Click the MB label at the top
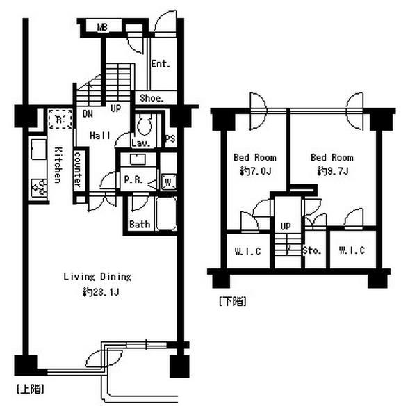pos(102,27)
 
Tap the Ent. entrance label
pos(161,64)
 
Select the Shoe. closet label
pos(152,98)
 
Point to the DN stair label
pos(88,113)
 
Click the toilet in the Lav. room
pos(145,125)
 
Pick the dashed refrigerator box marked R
pos(60,119)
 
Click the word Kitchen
pos(58,165)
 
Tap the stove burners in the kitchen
pos(39,188)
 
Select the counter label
pos(78,169)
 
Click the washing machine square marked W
pos(168,182)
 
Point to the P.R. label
pos(133,179)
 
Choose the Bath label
pos(140,225)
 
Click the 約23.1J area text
pos(101,292)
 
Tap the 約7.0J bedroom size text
pos(255,171)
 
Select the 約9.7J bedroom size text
pos(332,171)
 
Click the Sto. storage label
pos(311,251)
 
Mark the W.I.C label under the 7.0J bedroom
pos(247,251)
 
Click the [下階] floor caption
pos(233,301)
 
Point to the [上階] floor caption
pos(30,389)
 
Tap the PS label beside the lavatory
pos(170,138)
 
